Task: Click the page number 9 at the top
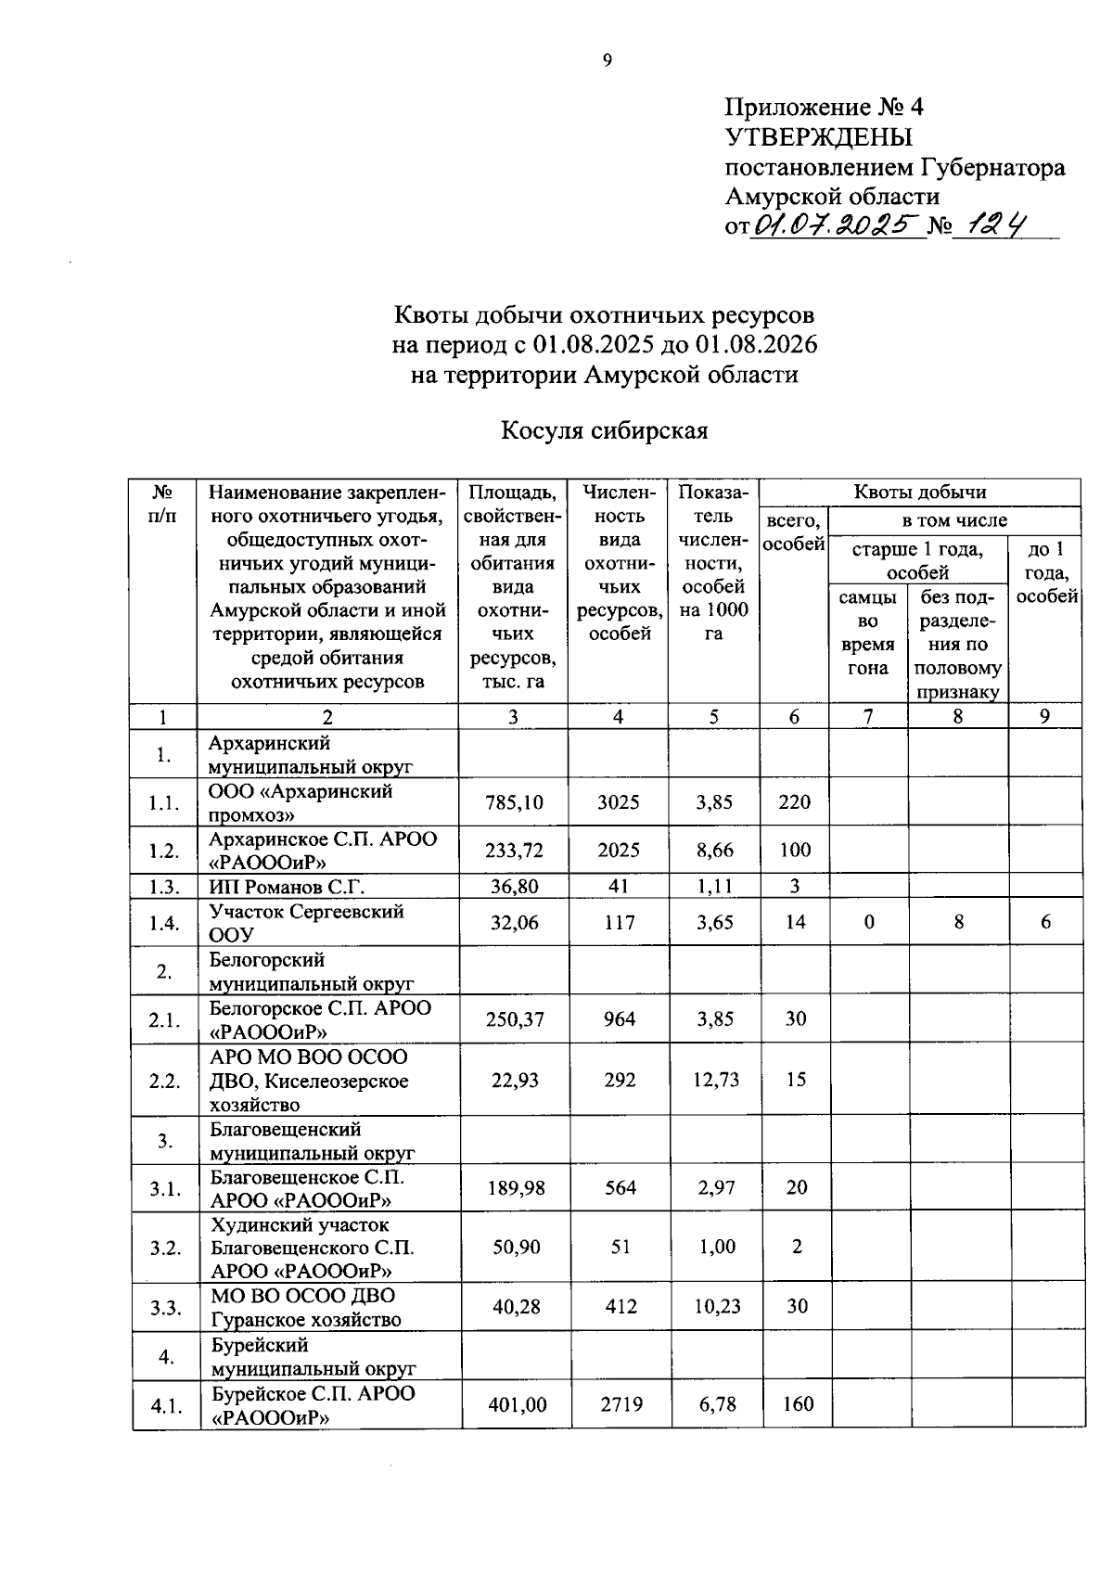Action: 608,61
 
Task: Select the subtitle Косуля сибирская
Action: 605,431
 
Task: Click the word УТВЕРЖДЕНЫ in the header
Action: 818,137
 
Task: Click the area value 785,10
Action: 514,802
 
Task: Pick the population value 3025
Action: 618,802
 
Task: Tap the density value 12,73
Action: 714,1080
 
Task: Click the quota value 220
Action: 795,802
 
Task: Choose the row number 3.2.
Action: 165,1248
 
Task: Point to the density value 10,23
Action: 716,1307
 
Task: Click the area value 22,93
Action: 515,1080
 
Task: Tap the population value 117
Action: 619,923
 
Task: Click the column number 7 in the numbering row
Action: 867,717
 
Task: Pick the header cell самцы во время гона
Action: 867,634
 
